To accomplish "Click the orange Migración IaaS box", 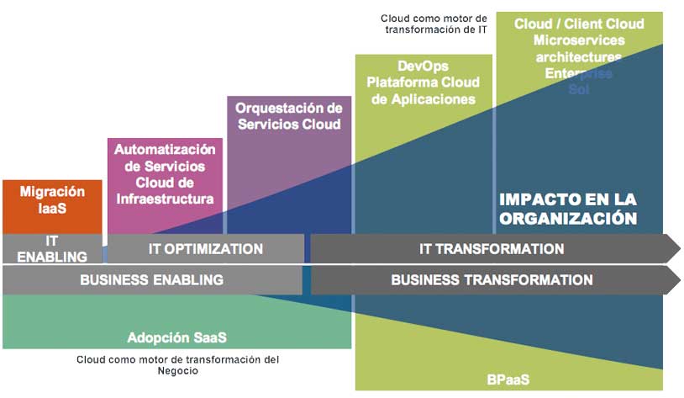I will point(52,199).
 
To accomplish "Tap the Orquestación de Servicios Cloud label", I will point(288,116).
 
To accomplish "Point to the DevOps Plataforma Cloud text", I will point(423,75).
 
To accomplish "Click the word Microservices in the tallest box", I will point(578,40).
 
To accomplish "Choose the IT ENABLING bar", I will point(52,249).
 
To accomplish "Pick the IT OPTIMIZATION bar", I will point(205,249).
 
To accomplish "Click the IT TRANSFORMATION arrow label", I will point(492,249).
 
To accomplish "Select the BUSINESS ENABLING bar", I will point(151,280).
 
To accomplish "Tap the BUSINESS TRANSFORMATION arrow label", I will point(492,280).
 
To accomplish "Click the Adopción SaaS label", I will point(177,337).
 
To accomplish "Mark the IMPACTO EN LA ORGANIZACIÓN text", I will point(568,209).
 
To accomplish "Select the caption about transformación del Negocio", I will point(177,364).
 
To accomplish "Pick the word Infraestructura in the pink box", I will point(165,199).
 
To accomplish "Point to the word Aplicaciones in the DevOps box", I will point(423,99).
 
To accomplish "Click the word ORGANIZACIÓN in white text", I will point(568,218).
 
